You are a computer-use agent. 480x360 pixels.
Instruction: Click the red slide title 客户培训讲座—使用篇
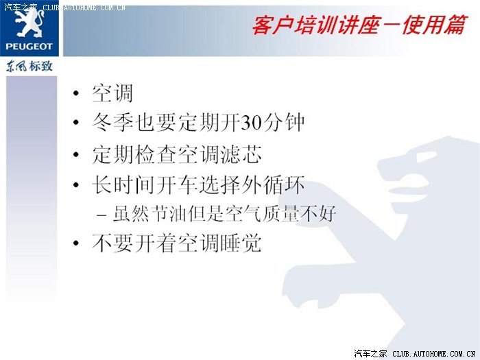[360, 25]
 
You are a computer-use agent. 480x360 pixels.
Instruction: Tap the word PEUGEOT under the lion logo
[29, 47]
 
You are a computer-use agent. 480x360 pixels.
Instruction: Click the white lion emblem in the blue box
[29, 23]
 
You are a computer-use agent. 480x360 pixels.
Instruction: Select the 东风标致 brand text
[29, 66]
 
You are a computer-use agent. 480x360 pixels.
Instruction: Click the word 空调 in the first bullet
[112, 93]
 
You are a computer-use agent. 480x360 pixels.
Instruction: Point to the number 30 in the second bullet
[252, 123]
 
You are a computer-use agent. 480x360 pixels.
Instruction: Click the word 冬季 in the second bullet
[112, 123]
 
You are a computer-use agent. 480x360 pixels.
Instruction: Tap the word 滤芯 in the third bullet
[241, 154]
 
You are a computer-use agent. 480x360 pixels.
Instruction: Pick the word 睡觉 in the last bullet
[241, 243]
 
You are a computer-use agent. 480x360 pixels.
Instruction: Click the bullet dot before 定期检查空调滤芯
[76, 154]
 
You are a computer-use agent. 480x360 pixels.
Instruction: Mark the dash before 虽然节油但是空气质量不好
[101, 215]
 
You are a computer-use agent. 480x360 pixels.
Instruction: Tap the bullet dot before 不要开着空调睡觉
[76, 243]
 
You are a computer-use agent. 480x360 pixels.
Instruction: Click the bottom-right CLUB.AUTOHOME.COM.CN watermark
[434, 354]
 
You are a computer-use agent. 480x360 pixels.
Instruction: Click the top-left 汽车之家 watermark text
[21, 8]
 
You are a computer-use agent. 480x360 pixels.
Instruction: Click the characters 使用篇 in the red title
[435, 25]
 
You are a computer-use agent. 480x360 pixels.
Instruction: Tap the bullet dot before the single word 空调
[76, 93]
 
